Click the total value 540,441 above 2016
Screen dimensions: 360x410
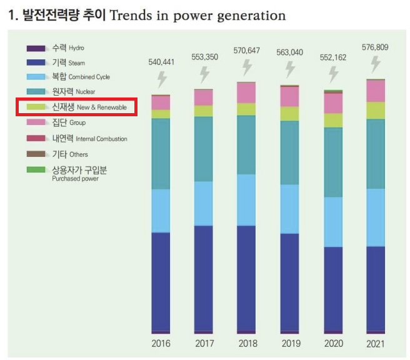coord(161,62)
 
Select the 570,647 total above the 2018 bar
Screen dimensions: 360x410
coord(247,49)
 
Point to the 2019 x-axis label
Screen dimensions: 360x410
coord(290,343)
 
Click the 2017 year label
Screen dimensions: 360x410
coord(204,343)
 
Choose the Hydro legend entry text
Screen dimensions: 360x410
coord(67,47)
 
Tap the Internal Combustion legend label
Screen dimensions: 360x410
coord(89,138)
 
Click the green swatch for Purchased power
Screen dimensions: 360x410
coord(36,169)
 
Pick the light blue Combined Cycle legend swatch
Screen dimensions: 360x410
coord(36,77)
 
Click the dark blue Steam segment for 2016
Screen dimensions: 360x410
coord(161,281)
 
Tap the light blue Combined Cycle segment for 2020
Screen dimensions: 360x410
coord(333,222)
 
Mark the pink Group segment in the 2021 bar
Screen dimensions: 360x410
coord(376,91)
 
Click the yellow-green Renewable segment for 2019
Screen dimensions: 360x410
coord(290,114)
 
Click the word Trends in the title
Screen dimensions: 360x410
coord(130,15)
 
